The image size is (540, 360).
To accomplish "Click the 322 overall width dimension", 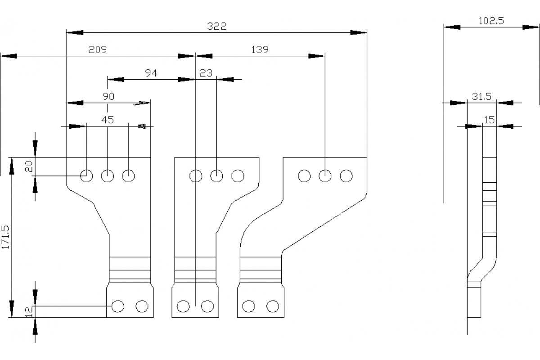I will (217, 26).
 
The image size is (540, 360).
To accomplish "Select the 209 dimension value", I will (97, 49).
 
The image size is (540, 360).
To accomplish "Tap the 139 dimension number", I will (260, 49).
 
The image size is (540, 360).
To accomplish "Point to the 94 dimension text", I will (151, 73).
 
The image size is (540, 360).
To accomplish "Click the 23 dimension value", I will (206, 73).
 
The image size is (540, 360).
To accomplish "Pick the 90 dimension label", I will (108, 96).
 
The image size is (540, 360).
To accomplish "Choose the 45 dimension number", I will (108, 120).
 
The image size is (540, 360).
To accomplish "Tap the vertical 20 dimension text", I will (28, 167).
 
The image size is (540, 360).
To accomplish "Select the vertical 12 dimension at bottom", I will (28, 312).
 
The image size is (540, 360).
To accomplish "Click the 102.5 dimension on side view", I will (491, 21).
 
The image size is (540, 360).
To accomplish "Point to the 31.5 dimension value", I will (481, 96).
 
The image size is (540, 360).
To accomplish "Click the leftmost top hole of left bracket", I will (86, 175).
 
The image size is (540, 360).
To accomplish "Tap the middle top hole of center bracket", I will (217, 175).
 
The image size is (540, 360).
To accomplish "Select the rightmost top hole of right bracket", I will (346, 175).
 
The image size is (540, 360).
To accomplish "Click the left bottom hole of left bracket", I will (118, 306).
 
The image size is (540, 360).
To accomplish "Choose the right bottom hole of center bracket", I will (207, 306).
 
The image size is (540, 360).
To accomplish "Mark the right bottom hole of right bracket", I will (273, 306).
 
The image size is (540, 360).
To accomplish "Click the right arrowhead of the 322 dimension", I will (359, 32).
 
